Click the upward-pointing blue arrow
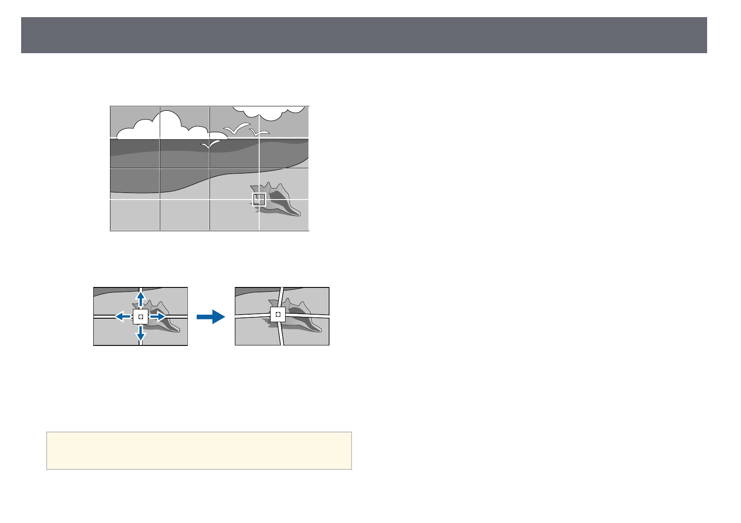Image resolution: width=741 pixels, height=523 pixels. click(x=140, y=299)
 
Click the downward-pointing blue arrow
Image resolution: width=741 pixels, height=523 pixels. click(x=140, y=335)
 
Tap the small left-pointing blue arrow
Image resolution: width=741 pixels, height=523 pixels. click(x=122, y=316)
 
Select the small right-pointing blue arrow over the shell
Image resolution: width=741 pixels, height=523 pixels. click(x=158, y=316)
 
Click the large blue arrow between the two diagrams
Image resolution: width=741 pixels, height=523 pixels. click(x=211, y=316)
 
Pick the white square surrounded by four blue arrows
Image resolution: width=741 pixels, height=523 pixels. click(x=141, y=316)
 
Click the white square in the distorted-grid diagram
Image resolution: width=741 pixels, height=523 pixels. click(x=278, y=315)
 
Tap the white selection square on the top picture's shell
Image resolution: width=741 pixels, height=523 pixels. click(x=259, y=199)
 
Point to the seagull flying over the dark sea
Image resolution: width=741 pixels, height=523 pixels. click(x=211, y=145)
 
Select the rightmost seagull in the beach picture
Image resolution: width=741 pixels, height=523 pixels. click(x=260, y=132)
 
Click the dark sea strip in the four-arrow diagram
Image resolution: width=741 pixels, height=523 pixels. click(x=114, y=291)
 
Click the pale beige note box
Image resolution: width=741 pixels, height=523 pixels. click(x=199, y=450)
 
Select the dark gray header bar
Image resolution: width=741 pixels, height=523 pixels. click(x=364, y=35)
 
